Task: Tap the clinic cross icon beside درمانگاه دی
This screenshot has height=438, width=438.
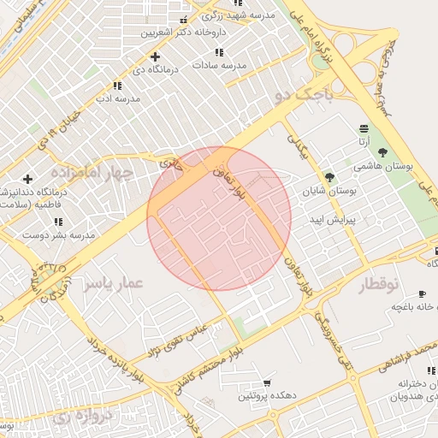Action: tap(154, 56)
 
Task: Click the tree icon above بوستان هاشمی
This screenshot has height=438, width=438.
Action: tap(382, 151)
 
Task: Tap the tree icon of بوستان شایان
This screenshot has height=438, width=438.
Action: tap(330, 178)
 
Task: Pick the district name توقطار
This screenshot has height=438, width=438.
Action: tap(372, 283)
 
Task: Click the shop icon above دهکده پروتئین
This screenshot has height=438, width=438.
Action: tap(268, 382)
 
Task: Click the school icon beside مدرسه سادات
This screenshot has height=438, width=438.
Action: tap(221, 51)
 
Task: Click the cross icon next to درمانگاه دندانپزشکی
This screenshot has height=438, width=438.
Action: tap(28, 179)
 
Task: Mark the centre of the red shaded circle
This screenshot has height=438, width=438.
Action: tap(219, 218)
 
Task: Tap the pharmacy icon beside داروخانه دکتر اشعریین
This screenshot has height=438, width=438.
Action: tap(183, 20)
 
